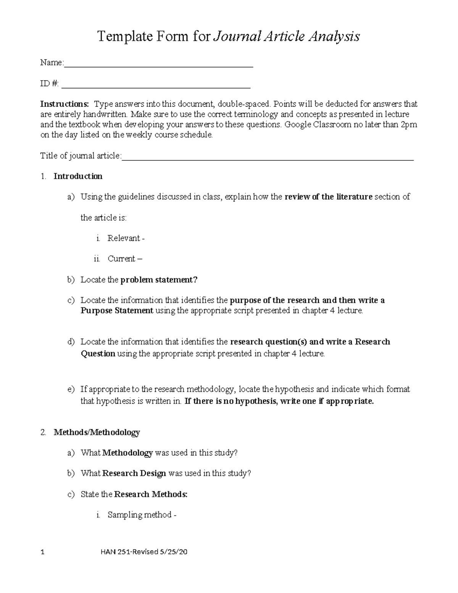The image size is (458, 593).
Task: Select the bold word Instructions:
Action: click(x=65, y=104)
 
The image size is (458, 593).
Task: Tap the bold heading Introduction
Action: click(x=78, y=176)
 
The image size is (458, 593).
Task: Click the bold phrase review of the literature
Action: click(x=328, y=197)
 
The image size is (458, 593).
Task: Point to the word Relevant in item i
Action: click(x=124, y=238)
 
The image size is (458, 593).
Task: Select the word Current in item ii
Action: click(x=121, y=259)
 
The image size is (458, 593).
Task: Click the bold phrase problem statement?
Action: click(x=159, y=280)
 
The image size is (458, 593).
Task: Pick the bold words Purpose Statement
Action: click(x=117, y=310)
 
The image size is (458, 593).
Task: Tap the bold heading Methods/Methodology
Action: click(x=97, y=432)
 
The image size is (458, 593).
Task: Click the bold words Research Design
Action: click(x=134, y=473)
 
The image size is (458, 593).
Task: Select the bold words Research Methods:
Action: click(x=151, y=494)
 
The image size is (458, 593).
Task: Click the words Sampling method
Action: click(x=139, y=515)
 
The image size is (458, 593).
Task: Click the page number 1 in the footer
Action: click(x=42, y=552)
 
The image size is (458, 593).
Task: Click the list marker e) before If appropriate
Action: click(x=71, y=389)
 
